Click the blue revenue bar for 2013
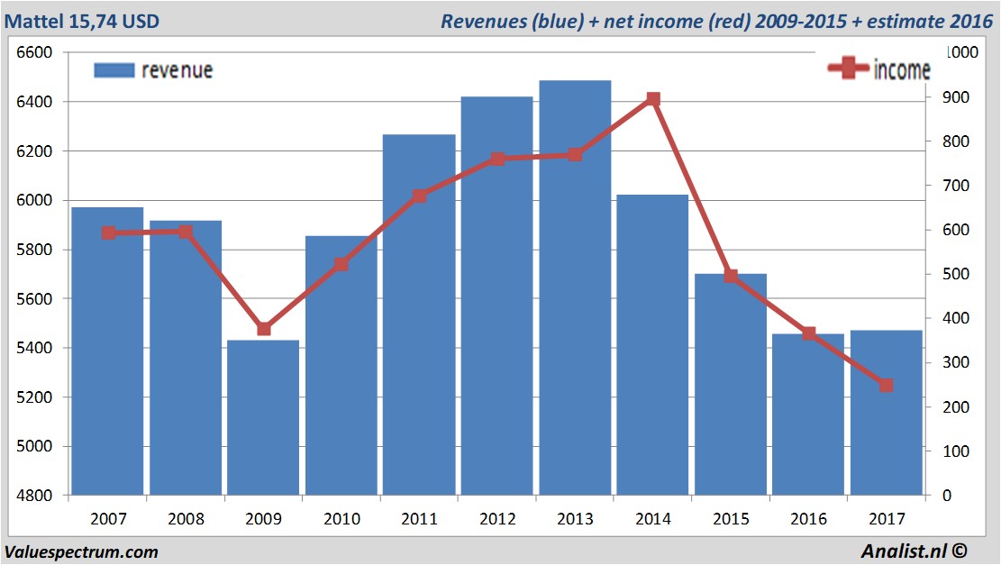pyautogui.click(x=575, y=288)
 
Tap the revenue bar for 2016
pyautogui.click(x=808, y=415)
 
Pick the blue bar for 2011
pyautogui.click(x=419, y=315)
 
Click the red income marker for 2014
pyautogui.click(x=653, y=100)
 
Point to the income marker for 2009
pyautogui.click(x=263, y=329)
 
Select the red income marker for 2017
pyautogui.click(x=886, y=386)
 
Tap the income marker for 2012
pyautogui.click(x=497, y=159)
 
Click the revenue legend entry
pyautogui.click(x=153, y=70)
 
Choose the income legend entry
pyautogui.click(x=879, y=69)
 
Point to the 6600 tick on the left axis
pyautogui.click(x=35, y=52)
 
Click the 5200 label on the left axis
pyautogui.click(x=35, y=397)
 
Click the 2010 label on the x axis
pyautogui.click(x=341, y=519)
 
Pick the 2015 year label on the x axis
pyautogui.click(x=731, y=519)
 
